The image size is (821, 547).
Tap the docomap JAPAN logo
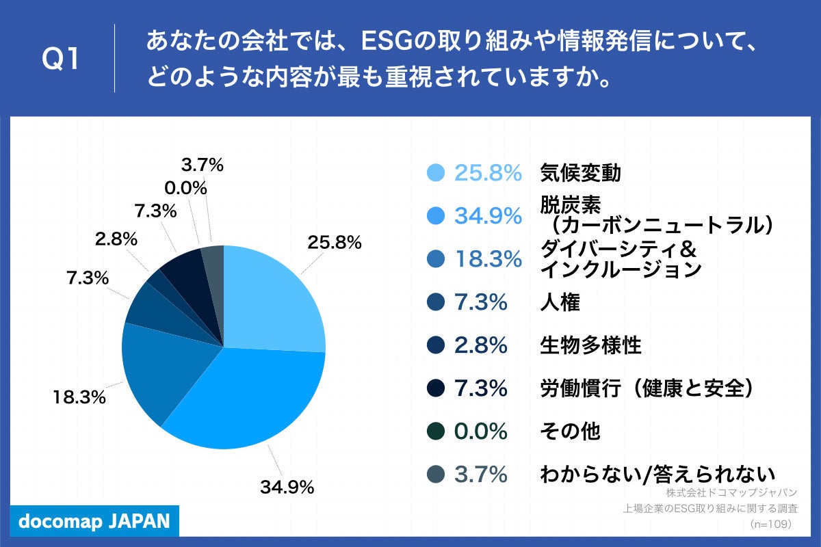tap(94, 521)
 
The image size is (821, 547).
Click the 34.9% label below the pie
tap(287, 488)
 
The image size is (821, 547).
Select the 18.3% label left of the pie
tap(79, 397)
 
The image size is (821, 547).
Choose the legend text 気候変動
tap(580, 174)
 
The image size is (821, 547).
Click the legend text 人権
tap(560, 302)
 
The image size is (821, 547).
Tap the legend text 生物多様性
tap(590, 345)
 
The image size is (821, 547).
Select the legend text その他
tap(570, 431)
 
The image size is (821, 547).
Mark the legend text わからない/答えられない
tap(657, 474)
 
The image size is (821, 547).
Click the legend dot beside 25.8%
tap(435, 174)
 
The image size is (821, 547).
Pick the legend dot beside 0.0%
tap(435, 431)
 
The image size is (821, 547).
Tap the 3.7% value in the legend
tap(481, 474)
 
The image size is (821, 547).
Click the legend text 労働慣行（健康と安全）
tap(647, 388)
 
